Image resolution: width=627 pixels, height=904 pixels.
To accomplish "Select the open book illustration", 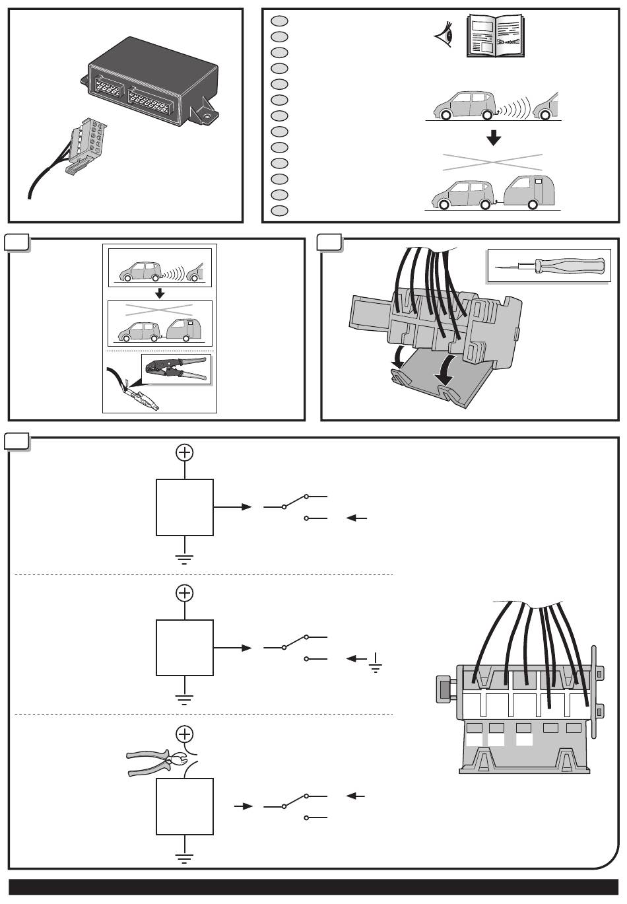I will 499,37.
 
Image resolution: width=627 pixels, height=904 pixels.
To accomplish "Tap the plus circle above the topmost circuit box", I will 185,452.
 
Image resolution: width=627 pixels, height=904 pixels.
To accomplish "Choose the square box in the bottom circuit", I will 185,806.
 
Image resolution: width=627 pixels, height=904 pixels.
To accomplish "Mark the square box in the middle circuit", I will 185,648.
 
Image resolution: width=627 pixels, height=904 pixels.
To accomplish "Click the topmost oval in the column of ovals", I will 279,20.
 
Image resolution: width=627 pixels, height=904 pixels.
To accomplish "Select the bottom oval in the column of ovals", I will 279,211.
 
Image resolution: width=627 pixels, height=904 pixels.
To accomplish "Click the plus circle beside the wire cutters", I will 185,733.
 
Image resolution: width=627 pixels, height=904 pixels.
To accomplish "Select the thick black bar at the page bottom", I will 313,887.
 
